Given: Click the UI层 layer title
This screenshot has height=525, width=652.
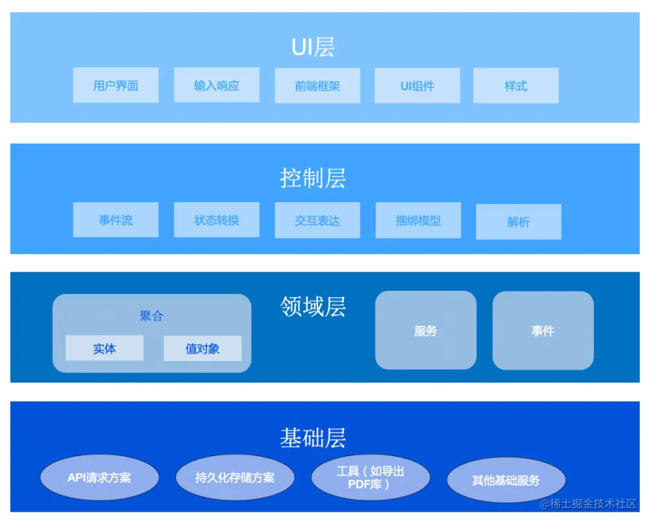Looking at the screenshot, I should pos(313,47).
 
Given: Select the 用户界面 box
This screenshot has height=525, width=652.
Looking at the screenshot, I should pos(115,86).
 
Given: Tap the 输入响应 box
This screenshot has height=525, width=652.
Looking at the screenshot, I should pos(216,86).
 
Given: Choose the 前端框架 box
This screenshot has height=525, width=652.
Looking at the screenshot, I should pos(317,86).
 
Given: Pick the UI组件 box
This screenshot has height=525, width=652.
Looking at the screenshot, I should pos(417,86).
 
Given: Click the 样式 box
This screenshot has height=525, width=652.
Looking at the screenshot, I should pos(516,86).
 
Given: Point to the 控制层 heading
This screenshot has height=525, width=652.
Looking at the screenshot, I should pos(313,178).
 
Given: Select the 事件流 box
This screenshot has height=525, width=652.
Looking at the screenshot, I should pos(115,220).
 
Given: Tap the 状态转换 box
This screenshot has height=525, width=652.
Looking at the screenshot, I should pos(216,220).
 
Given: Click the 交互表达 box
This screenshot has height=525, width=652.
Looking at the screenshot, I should pos(317,220).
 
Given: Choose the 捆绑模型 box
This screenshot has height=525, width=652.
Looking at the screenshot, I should pos(418,220).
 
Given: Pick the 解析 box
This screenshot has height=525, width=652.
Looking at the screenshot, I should pos(519,222).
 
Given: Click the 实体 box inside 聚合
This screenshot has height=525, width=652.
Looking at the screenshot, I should pos(104,348).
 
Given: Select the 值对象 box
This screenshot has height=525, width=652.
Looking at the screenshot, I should pos(202,348).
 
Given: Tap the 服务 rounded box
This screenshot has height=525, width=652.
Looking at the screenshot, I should pos(426,331).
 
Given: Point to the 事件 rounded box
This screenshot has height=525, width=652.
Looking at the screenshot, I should pos(543,331).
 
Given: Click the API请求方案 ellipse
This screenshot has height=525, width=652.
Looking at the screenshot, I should pos(99,478).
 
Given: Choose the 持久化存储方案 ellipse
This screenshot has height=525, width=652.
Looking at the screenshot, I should pos(235,478).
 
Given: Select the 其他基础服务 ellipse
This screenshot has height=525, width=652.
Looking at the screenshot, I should pos(506,481).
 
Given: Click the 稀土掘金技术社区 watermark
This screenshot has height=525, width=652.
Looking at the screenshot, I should pos(589,504).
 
